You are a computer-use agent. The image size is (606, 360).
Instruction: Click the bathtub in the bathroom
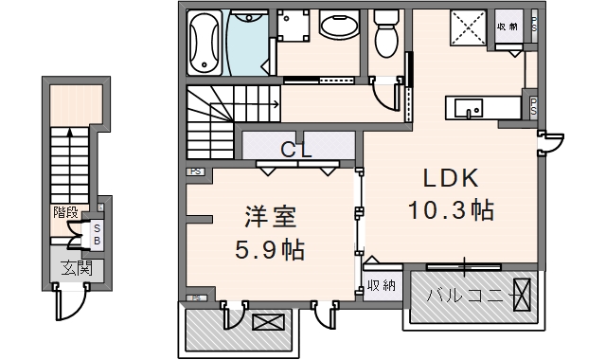pos(206,43)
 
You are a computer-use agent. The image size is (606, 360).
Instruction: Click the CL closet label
pos(299,150)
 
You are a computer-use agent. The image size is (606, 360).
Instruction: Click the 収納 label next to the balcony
pos(382,286)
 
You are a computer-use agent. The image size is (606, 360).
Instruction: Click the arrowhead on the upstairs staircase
pos(275,105)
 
